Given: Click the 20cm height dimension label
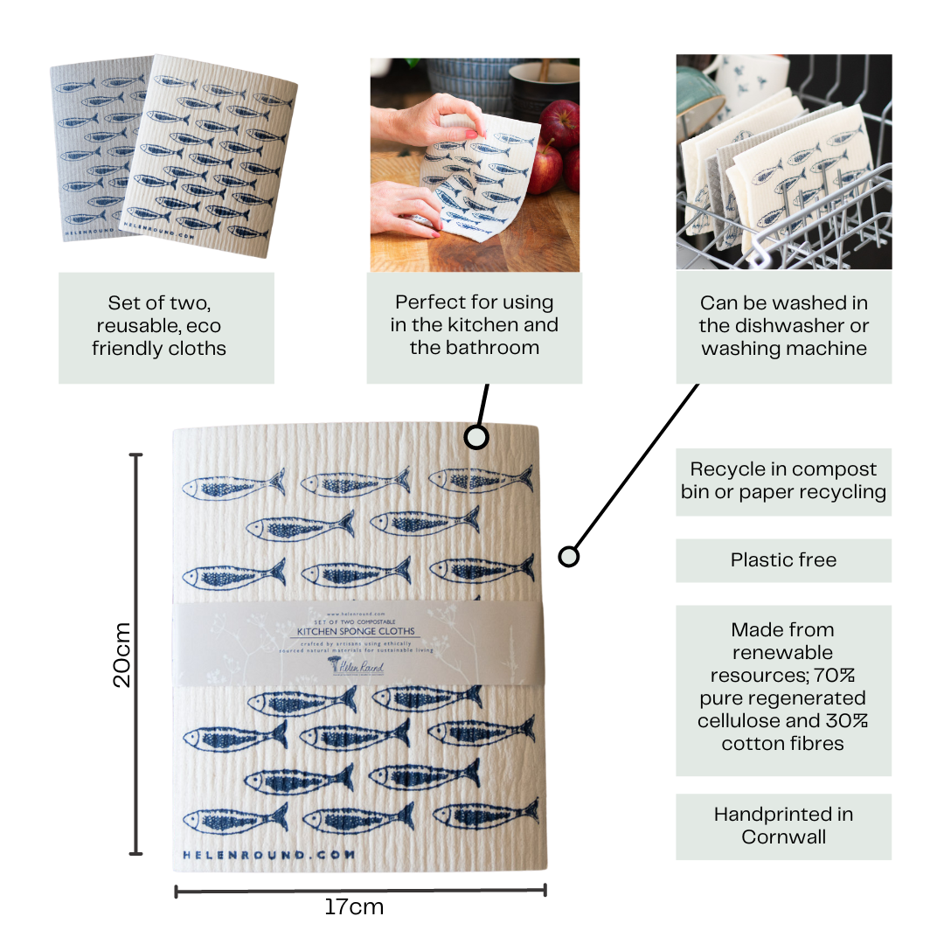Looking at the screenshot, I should (122, 655).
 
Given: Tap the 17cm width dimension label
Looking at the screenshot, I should (354, 906).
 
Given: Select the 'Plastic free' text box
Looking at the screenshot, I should (783, 560).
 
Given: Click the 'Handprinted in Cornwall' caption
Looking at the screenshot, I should (783, 826).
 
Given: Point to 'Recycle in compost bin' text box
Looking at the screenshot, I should (783, 481).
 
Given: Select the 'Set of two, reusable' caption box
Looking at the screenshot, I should (166, 327).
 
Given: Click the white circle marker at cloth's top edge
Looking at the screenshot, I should (475, 437).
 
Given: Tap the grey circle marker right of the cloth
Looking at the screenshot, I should (569, 556).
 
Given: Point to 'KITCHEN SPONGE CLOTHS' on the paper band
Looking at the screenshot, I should (357, 631).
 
